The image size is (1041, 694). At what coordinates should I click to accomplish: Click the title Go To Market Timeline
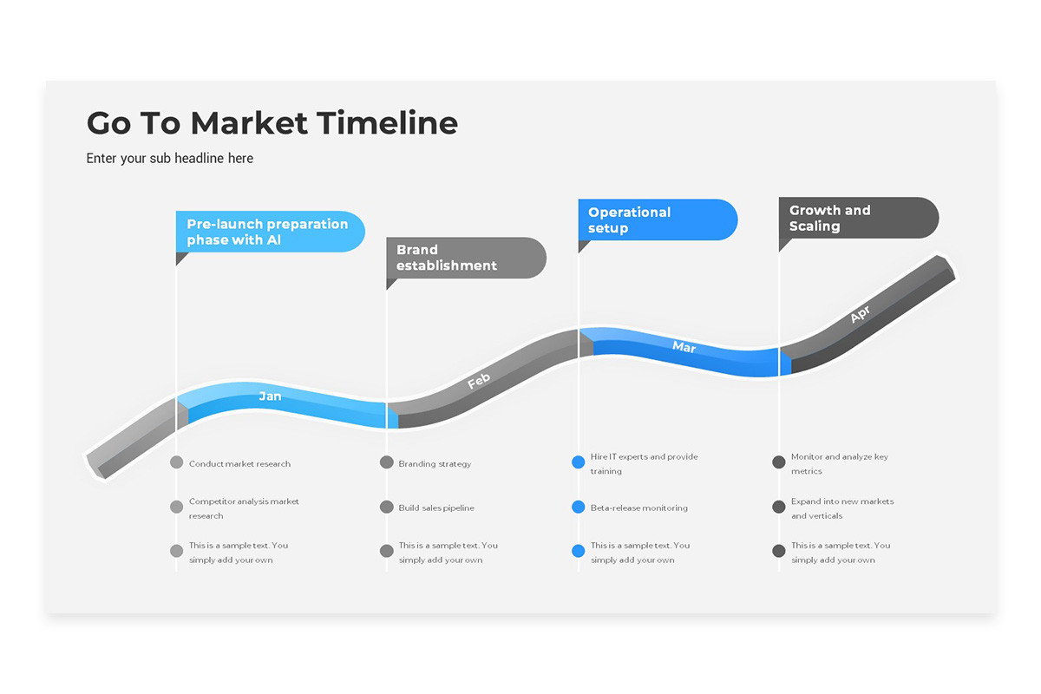(272, 123)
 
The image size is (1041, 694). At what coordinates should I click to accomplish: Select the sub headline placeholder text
(170, 159)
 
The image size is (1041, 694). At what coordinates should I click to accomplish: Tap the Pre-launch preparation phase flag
(269, 232)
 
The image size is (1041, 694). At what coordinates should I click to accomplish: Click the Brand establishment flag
(465, 258)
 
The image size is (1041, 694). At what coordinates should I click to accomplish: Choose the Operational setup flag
(657, 220)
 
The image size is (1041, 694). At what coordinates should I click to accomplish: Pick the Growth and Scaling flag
(857, 218)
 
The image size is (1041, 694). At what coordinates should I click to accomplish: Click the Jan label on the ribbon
(270, 396)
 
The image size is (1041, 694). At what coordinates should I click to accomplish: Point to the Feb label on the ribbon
(479, 381)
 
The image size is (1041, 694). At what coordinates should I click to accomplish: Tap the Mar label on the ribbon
(684, 347)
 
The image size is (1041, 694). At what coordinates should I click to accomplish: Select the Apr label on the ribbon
(860, 314)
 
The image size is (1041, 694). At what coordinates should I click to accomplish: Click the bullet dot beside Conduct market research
(177, 462)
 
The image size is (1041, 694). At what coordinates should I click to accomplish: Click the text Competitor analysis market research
(244, 508)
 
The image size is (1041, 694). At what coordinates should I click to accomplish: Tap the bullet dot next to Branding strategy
(387, 462)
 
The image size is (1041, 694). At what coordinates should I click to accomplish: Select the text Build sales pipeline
(436, 507)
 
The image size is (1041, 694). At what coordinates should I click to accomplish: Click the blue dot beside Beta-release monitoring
(579, 507)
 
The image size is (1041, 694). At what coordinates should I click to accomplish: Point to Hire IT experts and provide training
(644, 463)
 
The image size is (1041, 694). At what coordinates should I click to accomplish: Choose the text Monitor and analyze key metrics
(839, 463)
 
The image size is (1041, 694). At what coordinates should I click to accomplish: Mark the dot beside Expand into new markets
(779, 506)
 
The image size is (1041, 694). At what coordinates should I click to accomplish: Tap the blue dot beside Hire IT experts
(579, 462)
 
